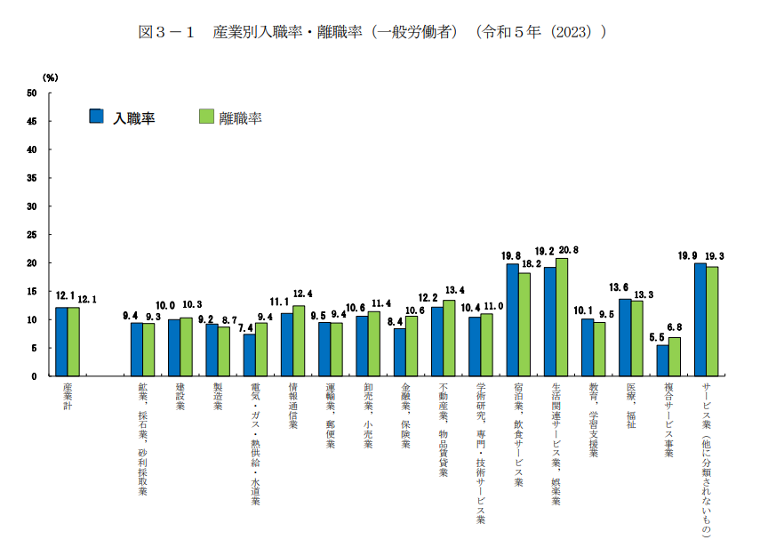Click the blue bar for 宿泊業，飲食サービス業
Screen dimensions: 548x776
point(513,319)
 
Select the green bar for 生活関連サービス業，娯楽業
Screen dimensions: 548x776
point(562,317)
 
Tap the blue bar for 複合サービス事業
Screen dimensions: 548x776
point(662,360)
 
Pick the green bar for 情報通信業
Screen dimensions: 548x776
point(299,341)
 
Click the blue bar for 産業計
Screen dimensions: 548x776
point(61,342)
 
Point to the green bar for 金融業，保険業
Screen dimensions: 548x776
point(412,346)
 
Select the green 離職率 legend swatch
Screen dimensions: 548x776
point(206,117)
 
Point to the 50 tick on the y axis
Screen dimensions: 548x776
point(32,93)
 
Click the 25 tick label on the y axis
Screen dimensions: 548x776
point(32,235)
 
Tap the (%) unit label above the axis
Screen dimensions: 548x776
point(51,78)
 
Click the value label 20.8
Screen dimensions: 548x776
point(568,251)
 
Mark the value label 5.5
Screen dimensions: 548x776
point(656,338)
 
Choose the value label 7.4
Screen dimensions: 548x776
point(245,327)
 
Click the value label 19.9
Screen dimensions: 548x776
point(688,256)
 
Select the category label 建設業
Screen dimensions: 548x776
point(180,397)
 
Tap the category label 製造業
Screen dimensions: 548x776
point(218,397)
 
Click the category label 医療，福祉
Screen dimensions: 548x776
point(631,407)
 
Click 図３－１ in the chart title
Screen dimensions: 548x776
point(168,32)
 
